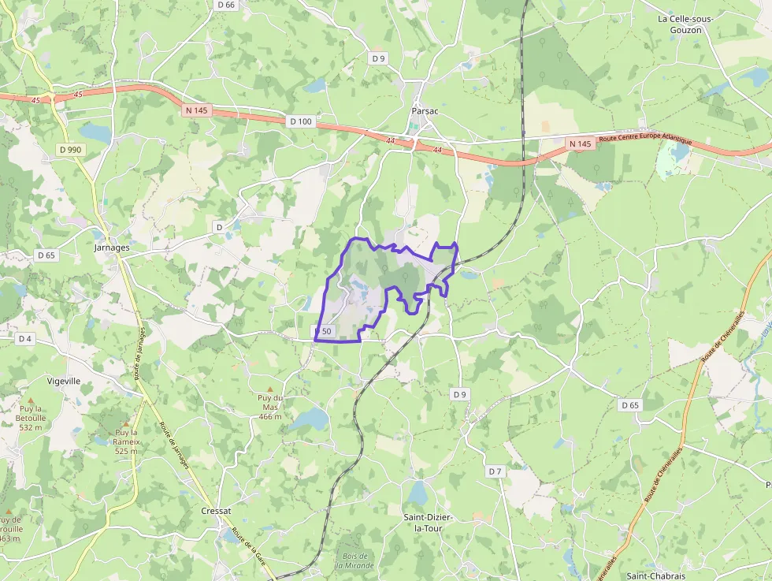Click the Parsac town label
(425, 111)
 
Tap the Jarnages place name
(111, 247)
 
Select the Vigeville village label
(64, 380)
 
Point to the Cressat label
(216, 511)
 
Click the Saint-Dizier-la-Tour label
(428, 522)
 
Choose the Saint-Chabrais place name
(653, 575)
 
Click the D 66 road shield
(225, 5)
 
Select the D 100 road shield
(300, 121)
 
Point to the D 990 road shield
(70, 149)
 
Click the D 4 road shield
(25, 338)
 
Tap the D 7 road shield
(494, 471)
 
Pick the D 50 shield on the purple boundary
(324, 331)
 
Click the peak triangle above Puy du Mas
(270, 389)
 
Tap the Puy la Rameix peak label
(127, 441)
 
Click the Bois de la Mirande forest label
(354, 561)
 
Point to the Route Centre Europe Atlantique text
(644, 140)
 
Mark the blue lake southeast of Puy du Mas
(309, 419)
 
